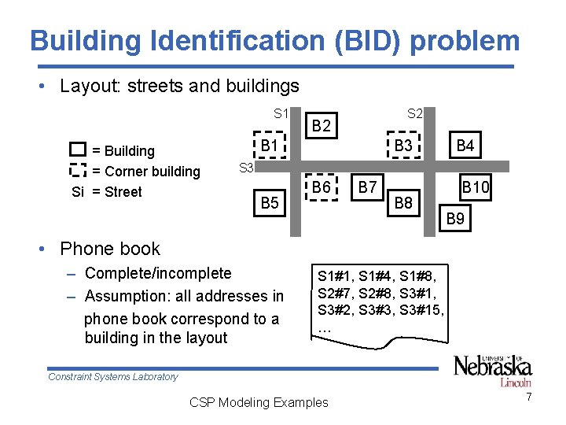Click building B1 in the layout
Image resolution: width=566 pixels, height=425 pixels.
click(269, 146)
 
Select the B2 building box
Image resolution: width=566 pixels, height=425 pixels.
click(322, 125)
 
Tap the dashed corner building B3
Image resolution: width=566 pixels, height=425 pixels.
click(404, 146)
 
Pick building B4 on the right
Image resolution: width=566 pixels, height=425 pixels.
click(465, 146)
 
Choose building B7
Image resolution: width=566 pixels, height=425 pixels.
click(367, 187)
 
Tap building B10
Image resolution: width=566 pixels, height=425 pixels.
click(474, 188)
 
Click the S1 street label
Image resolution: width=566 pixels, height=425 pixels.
click(281, 113)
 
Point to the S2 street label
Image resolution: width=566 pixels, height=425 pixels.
click(415, 113)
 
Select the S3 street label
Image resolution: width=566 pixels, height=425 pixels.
click(245, 168)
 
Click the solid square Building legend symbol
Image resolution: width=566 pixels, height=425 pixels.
click(77, 150)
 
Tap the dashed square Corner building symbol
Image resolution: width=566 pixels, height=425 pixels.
click(77, 170)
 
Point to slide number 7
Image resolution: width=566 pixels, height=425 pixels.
click(529, 397)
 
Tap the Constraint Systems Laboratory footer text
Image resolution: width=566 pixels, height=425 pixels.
click(113, 377)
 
